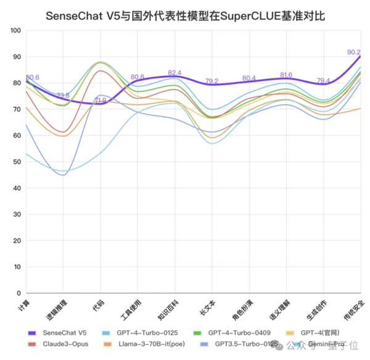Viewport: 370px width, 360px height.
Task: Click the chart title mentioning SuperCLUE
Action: [x=185, y=14]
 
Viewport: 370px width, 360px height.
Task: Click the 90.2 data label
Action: [x=354, y=52]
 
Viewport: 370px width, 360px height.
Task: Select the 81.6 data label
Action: [x=286, y=75]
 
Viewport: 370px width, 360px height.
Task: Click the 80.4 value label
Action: [x=249, y=78]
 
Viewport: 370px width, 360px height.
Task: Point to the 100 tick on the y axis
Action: [x=15, y=30]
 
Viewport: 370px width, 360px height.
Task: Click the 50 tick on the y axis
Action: [x=17, y=162]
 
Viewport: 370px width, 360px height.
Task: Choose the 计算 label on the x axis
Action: [x=23, y=304]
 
